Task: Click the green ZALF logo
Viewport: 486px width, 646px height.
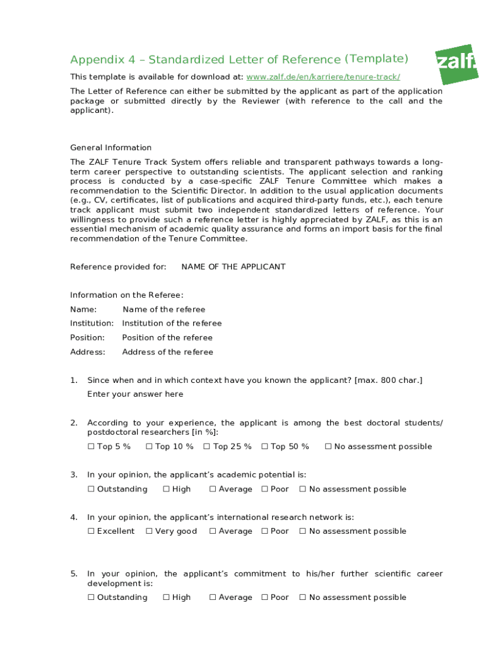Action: point(456,64)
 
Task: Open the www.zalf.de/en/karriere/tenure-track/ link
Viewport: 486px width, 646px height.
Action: point(323,77)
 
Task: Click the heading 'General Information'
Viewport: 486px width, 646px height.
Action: point(110,148)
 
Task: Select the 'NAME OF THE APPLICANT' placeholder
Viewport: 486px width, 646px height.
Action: point(233,267)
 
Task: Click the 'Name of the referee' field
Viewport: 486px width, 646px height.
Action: point(163,310)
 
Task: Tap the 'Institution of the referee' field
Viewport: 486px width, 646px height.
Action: point(172,324)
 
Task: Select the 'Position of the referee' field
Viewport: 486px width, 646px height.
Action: point(167,338)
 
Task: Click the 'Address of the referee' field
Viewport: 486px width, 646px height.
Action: point(167,352)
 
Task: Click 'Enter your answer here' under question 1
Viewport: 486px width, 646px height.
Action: point(135,394)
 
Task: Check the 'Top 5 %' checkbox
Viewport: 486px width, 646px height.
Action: point(91,447)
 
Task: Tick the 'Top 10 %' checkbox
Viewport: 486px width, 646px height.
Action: point(149,447)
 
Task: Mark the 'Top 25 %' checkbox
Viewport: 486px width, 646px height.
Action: point(207,447)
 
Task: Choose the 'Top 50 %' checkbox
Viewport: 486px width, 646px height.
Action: point(264,447)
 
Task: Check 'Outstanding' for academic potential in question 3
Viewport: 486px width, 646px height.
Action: point(91,490)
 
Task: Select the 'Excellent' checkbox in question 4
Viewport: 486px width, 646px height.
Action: point(91,531)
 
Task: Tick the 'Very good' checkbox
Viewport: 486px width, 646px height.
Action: point(149,531)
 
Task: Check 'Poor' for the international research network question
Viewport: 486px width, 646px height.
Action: point(264,531)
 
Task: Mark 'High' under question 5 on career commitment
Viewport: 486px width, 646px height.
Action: point(166,597)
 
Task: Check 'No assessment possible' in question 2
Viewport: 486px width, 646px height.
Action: point(328,447)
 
